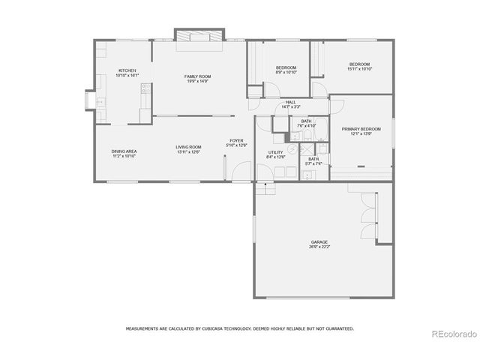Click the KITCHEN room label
pos(127,70)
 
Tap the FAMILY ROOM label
pos(198,76)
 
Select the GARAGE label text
pos(319,241)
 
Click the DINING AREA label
pos(124,151)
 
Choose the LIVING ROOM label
pos(188,147)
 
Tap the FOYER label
pos(236,140)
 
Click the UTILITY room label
pos(275,152)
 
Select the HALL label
pos(291,103)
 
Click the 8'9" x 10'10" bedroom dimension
pos(286,73)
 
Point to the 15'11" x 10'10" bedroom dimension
pos(360,69)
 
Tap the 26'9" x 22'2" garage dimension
pos(319,247)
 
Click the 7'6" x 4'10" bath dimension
pos(306,126)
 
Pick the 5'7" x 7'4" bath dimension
pos(313,163)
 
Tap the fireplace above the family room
pos(198,36)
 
